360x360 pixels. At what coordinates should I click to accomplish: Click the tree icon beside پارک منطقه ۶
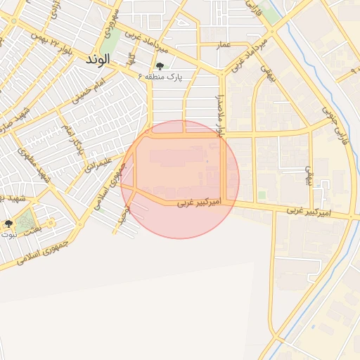(x=160, y=67)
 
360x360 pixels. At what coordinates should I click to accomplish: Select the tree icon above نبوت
(x=8, y=224)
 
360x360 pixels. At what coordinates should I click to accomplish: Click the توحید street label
(x=123, y=214)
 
